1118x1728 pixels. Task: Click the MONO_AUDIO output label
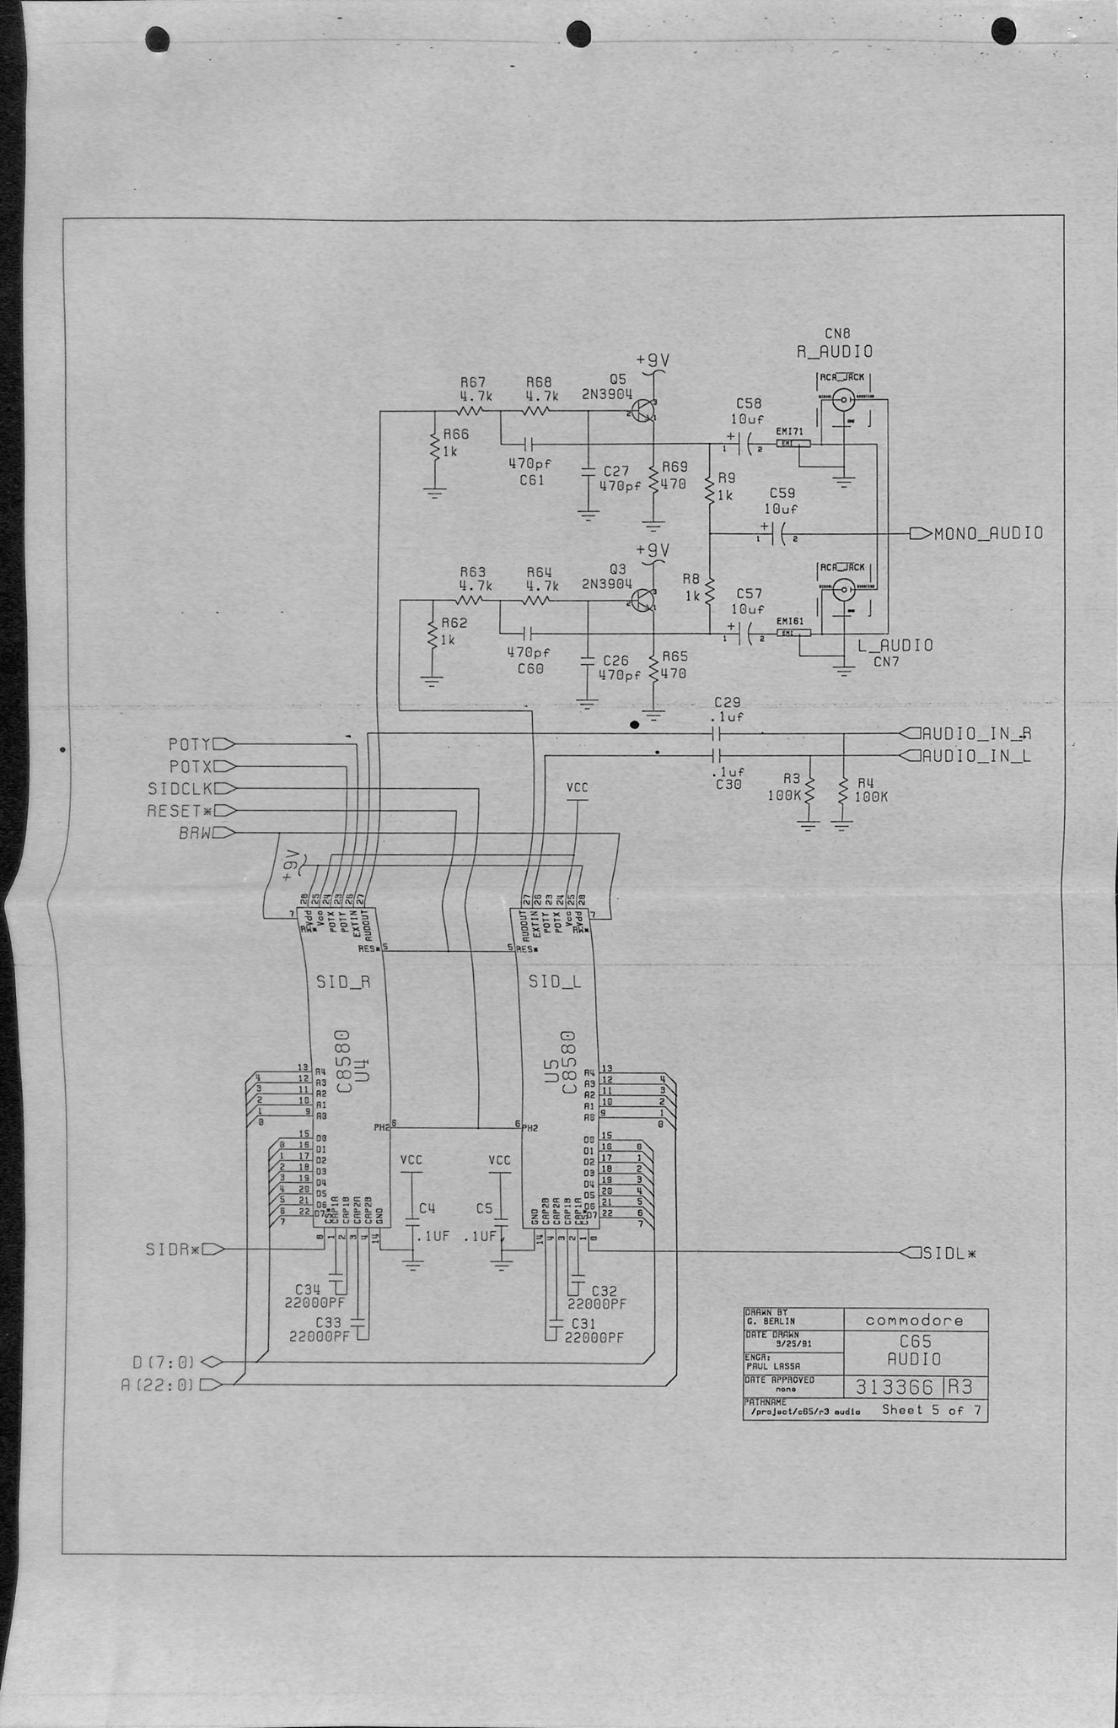click(988, 533)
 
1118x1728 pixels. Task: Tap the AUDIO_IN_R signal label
click(976, 733)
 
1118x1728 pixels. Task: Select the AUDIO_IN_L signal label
click(976, 756)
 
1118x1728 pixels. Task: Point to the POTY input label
click(189, 744)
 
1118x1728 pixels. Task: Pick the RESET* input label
click(180, 812)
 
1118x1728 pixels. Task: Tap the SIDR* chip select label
click(172, 1250)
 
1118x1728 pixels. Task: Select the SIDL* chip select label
click(950, 1253)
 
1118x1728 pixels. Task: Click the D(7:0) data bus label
click(164, 1361)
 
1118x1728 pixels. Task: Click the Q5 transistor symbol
click(645, 411)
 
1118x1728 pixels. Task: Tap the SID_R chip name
click(343, 982)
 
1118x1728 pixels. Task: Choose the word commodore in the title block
click(914, 1320)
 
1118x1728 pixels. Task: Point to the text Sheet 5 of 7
click(933, 1410)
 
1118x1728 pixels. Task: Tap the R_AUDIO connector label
click(835, 351)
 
